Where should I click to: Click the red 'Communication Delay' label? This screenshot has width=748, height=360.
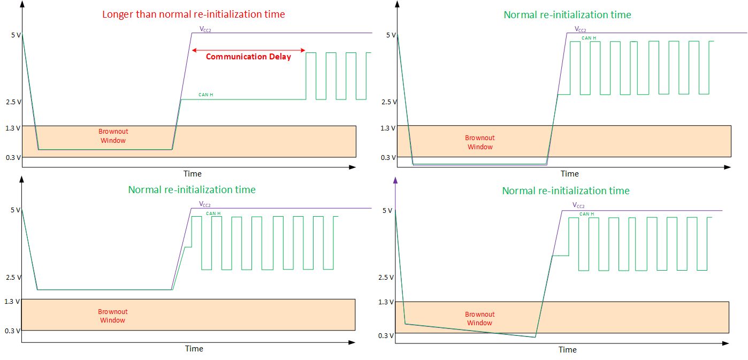pos(248,57)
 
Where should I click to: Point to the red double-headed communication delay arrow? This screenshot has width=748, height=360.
pos(248,50)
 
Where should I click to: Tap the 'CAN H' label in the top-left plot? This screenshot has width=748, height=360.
pos(205,95)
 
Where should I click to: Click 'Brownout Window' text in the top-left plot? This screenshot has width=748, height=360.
pos(113,136)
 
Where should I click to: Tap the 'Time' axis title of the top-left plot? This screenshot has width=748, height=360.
pos(193,173)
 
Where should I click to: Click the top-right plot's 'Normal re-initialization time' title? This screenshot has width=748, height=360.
pos(567,14)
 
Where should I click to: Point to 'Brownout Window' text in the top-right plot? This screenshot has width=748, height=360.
pos(480,142)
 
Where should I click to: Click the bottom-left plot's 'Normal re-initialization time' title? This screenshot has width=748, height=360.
pos(192,189)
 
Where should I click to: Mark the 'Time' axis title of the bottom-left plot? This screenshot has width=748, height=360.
pos(194,349)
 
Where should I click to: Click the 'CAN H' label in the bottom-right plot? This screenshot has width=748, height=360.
pos(587,214)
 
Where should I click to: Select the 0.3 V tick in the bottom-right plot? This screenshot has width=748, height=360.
pos(385,335)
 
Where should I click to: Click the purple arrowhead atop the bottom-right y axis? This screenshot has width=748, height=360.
pos(395,181)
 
